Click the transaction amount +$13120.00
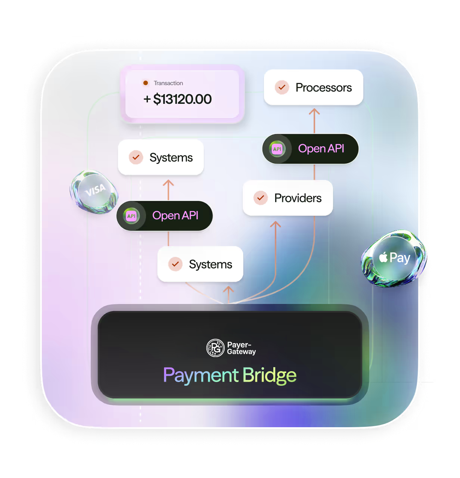click(x=178, y=99)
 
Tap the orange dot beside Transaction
click(x=146, y=83)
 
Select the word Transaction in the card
click(x=168, y=83)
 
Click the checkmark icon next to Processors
click(x=282, y=87)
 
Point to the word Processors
click(x=323, y=88)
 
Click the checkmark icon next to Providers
click(x=261, y=198)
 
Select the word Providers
click(x=298, y=198)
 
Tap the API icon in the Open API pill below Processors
click(x=277, y=149)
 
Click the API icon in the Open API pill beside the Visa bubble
click(x=131, y=216)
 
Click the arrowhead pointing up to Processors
click(x=314, y=111)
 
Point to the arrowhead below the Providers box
click(x=276, y=224)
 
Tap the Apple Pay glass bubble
click(x=394, y=258)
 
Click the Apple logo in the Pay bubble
click(x=383, y=257)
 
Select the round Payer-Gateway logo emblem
click(x=215, y=348)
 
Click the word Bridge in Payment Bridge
click(x=269, y=375)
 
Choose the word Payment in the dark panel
click(x=201, y=375)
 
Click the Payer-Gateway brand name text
click(x=241, y=348)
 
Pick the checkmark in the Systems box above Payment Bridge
click(x=175, y=264)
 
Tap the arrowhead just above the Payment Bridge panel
click(x=228, y=289)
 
